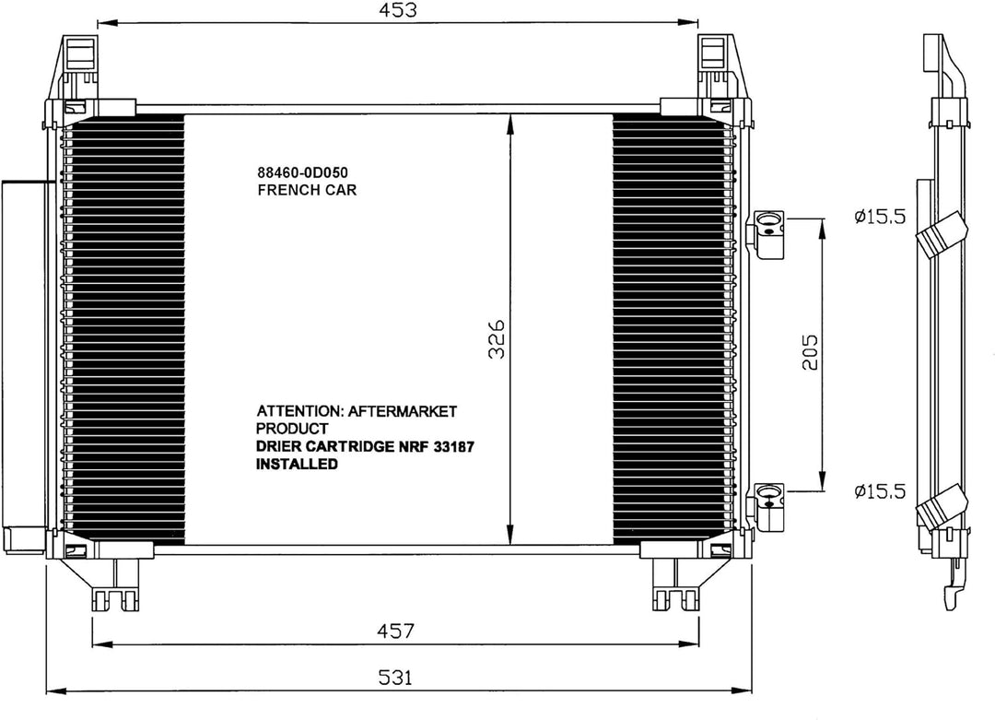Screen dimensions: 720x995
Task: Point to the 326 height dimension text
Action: pos(495,340)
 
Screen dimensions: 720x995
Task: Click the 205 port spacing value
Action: pos(810,352)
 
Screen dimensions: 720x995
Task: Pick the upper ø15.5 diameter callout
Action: pos(881,217)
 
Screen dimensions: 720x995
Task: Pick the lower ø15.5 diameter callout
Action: pos(881,491)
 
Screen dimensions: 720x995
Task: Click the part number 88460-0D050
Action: pos(305,172)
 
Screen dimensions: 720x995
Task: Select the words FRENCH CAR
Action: pos(306,190)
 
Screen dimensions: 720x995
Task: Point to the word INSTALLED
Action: pos(296,466)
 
